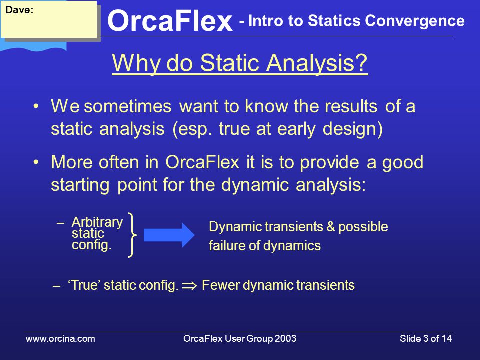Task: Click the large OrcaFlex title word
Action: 170,21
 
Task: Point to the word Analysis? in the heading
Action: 316,63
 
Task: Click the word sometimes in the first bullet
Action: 128,106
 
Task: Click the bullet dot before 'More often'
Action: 36,162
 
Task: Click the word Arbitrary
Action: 97,222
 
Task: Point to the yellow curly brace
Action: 132,235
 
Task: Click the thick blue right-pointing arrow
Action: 169,235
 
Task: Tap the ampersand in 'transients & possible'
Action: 331,227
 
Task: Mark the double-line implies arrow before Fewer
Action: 190,286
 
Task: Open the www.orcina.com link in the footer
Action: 60,339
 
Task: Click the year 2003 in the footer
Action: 285,339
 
